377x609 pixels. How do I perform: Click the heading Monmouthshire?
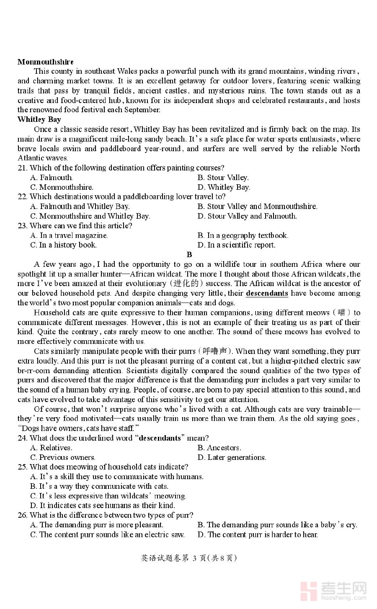pos(46,62)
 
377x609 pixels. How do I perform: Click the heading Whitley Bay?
pos(39,120)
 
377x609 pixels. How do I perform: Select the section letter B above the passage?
pos(189,255)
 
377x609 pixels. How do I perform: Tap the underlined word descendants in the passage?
pos(267,293)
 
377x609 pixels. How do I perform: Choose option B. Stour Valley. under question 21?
pos(223,178)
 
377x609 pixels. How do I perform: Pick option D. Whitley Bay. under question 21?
pos(224,187)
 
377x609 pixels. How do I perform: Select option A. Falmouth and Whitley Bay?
pos(80,206)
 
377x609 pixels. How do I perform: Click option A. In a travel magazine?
pos(69,235)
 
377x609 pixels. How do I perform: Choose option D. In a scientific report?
pos(237,245)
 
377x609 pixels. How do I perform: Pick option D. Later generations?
pos(232,457)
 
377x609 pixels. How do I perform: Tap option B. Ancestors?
pos(219,448)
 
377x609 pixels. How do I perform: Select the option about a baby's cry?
pos(277,525)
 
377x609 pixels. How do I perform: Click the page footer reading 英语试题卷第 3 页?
pos(189,558)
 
